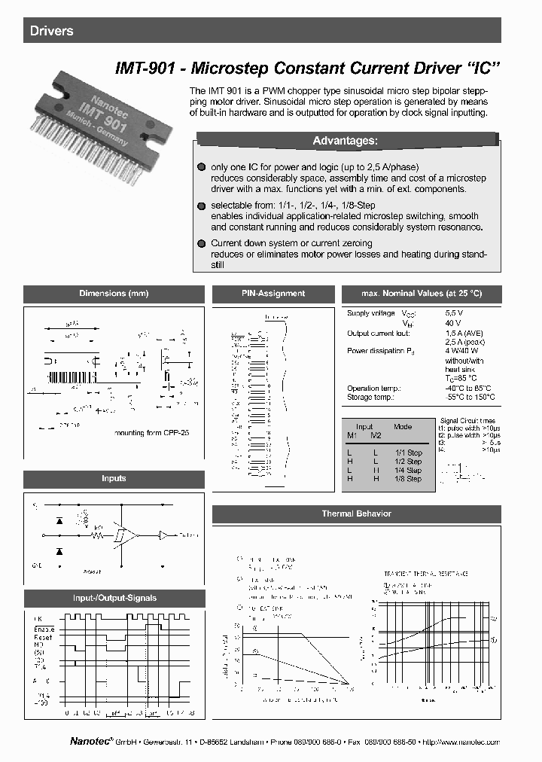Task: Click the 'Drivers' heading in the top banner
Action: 52,31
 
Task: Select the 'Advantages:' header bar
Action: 345,141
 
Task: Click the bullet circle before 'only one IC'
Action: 201,166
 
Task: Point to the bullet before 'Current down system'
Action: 201,243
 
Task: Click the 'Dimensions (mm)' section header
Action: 114,294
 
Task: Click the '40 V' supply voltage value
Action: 453,322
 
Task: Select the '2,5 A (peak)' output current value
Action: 464,341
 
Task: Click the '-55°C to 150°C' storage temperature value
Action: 470,397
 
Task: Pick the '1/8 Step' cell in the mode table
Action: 408,479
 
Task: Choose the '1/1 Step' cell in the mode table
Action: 408,453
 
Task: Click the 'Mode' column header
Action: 403,426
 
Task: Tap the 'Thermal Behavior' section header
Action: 356,514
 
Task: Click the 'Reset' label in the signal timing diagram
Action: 43,637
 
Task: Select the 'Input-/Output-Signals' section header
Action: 114,598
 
